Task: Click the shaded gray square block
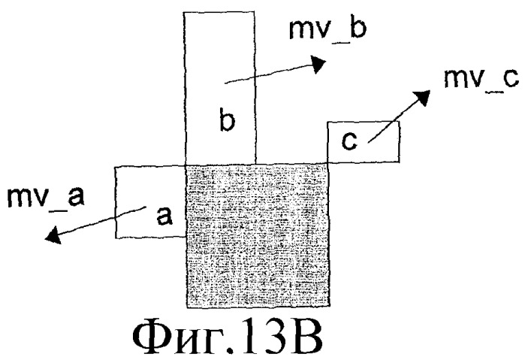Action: (x=258, y=236)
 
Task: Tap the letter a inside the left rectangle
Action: (x=164, y=216)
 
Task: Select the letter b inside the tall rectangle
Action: (x=228, y=119)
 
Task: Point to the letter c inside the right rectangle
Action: (x=349, y=141)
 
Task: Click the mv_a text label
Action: (x=46, y=198)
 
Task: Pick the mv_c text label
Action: (x=481, y=79)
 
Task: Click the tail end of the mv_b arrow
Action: (x=225, y=83)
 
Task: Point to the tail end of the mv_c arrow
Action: (x=368, y=143)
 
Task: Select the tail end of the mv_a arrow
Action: (x=146, y=207)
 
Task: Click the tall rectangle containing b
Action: (x=220, y=88)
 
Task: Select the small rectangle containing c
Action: (x=364, y=142)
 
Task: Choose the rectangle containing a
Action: (x=150, y=202)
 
